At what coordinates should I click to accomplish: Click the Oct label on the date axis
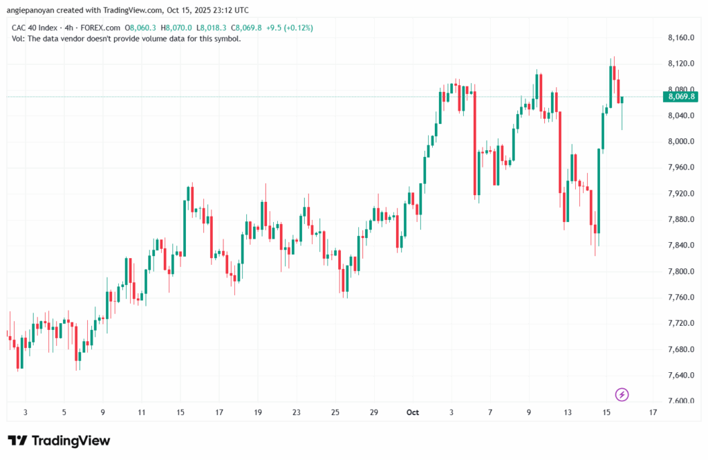coord(413,413)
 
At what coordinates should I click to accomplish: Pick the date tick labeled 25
coord(335,413)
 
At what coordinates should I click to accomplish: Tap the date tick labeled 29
coord(374,413)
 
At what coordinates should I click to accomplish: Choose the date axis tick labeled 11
coord(141,413)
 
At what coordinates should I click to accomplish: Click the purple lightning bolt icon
coord(622,395)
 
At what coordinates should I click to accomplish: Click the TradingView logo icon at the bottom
coord(19,441)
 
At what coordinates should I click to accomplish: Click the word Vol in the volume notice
coord(19,39)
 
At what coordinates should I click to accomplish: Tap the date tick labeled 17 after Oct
coord(653,413)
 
